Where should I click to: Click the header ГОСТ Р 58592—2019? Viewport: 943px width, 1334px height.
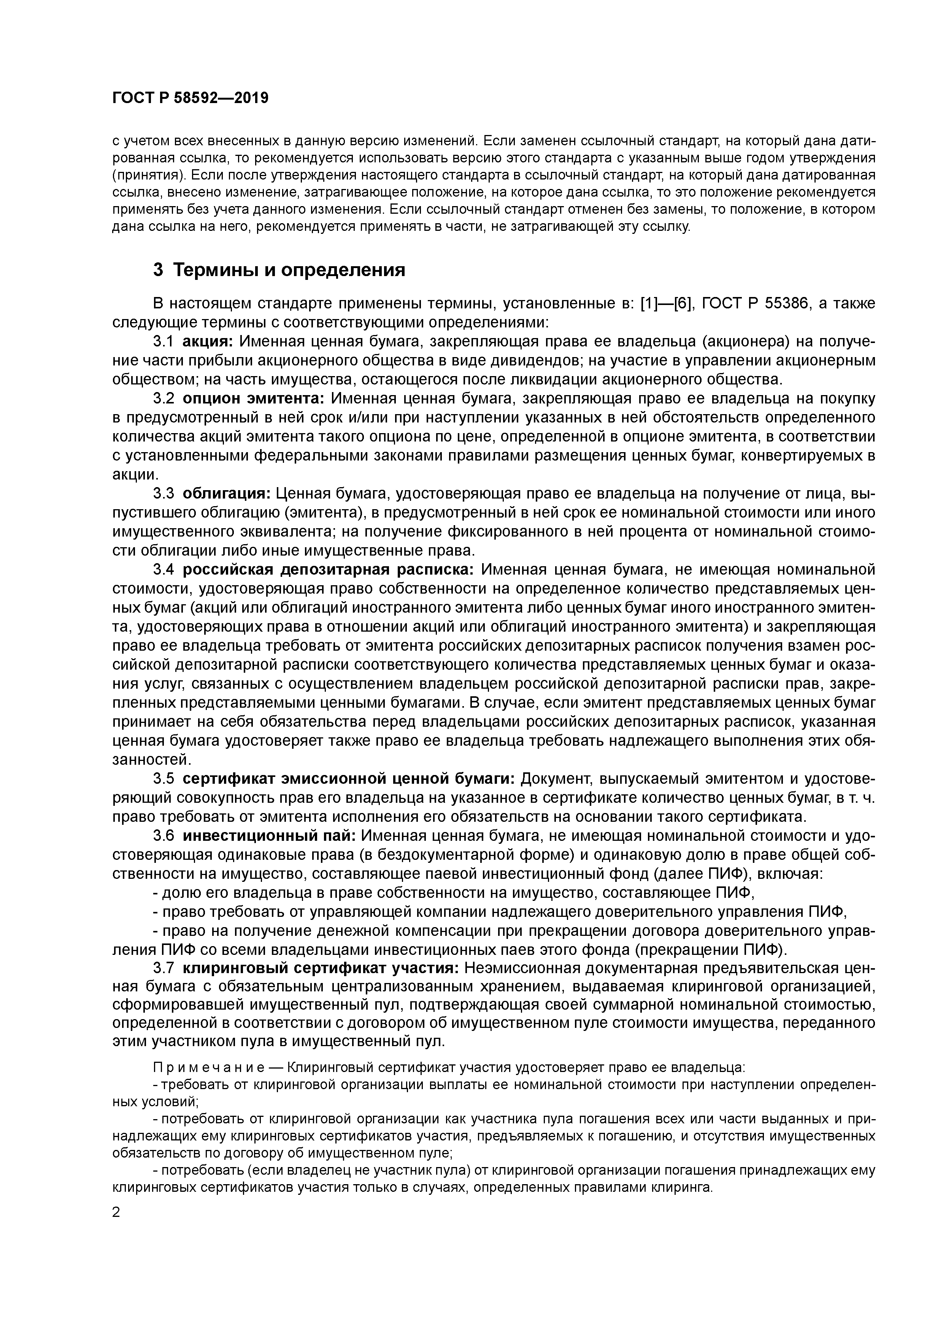tap(190, 98)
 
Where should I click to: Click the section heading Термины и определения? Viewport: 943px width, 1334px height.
tap(289, 270)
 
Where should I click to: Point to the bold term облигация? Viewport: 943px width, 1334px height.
tap(226, 494)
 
